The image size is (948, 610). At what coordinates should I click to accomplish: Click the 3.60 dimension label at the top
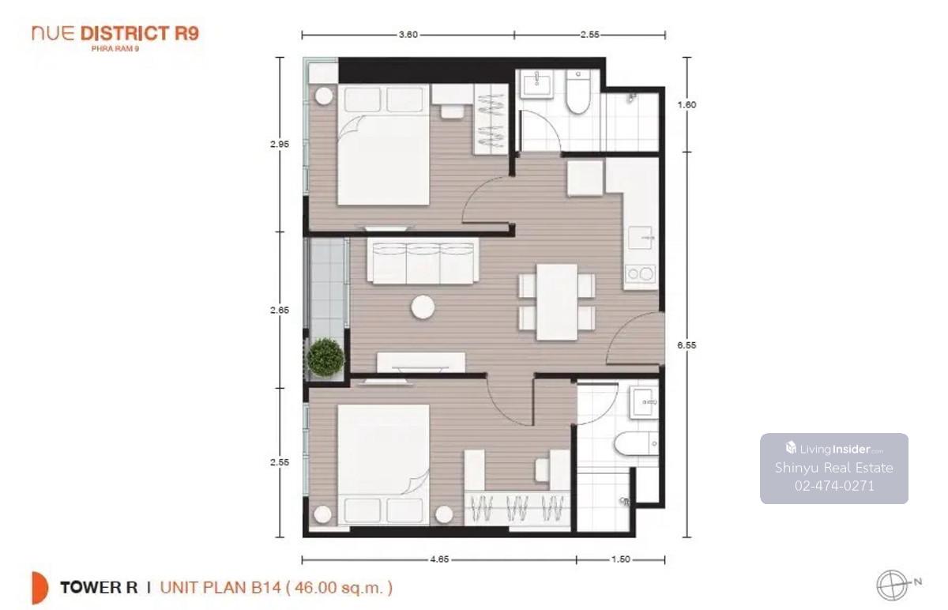408,35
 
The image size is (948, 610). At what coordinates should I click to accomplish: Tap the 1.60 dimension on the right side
687,104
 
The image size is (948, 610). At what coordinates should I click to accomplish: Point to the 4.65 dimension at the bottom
439,559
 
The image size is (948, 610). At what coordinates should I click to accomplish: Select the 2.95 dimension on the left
280,144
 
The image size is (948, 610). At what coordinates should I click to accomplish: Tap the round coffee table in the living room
423,307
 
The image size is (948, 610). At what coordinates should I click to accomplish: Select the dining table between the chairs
557,302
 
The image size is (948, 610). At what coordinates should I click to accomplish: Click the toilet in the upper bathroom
577,92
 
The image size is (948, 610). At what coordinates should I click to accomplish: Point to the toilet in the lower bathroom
636,443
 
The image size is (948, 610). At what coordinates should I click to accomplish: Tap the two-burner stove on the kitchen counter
640,273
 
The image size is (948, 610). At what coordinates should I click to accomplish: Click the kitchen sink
641,238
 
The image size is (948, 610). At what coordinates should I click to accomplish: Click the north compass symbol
892,586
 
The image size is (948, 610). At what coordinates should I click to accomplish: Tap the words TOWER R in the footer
99,588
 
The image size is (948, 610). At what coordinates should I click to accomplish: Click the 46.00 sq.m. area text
340,588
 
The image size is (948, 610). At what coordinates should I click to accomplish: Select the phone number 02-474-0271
834,485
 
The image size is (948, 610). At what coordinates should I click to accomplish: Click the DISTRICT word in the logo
125,34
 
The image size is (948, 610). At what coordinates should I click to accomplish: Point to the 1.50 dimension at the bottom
620,559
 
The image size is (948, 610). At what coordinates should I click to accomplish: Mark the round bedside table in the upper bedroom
324,96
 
